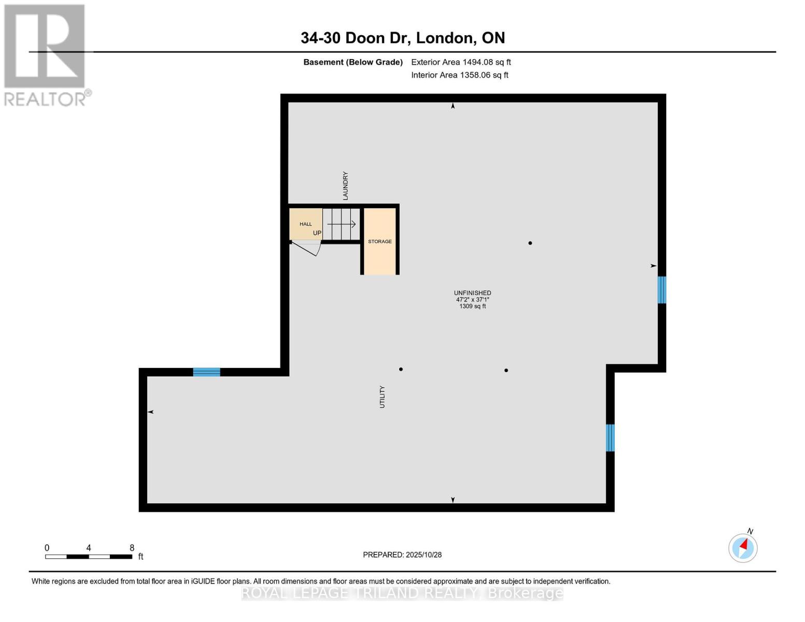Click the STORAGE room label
[x=379, y=242]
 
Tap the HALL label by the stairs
[x=305, y=224]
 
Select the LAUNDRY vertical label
[x=345, y=186]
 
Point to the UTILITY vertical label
[x=382, y=397]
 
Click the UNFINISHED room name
[x=472, y=293]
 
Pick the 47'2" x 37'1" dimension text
[x=472, y=300]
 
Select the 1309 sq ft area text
[x=472, y=306]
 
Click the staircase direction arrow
[x=342, y=224]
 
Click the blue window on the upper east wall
[x=661, y=290]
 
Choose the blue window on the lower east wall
[x=610, y=438]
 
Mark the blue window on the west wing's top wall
[x=206, y=372]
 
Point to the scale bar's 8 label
[x=132, y=548]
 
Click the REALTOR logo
[x=46, y=55]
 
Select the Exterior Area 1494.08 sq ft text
[x=461, y=62]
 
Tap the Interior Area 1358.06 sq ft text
[x=459, y=75]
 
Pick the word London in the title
[x=445, y=38]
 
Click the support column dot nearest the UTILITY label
[x=401, y=369]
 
